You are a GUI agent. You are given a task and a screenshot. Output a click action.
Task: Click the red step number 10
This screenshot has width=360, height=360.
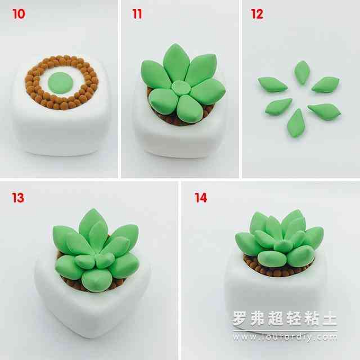(19, 14)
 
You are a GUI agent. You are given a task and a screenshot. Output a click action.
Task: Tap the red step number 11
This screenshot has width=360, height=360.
(137, 14)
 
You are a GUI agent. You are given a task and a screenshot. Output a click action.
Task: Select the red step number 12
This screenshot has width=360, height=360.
(257, 14)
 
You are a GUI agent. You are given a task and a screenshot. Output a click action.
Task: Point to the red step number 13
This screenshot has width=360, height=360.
(18, 197)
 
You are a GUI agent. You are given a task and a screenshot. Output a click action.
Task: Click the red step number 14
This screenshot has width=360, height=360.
(201, 197)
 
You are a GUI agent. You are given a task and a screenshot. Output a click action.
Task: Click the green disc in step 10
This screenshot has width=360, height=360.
(60, 83)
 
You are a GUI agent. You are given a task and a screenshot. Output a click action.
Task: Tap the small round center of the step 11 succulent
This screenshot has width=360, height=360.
(181, 88)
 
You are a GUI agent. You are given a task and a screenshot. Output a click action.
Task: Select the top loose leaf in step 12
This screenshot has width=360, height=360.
(302, 73)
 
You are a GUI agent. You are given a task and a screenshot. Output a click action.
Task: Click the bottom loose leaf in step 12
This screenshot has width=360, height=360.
(296, 123)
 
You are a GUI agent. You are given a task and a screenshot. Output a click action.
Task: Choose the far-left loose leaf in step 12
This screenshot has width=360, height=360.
(273, 84)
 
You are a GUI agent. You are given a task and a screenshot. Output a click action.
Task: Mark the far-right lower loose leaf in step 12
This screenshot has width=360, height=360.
(324, 111)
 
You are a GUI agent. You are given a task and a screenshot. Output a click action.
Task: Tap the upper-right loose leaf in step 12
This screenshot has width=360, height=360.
(326, 84)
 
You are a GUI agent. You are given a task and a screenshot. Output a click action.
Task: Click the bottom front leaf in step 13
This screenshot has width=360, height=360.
(97, 280)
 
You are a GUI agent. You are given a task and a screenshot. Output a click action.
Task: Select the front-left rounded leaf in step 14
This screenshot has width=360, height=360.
(272, 259)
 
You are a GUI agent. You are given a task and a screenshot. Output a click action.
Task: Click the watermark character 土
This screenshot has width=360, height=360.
(330, 318)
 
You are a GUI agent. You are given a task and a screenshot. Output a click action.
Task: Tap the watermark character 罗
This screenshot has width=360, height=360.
(240, 318)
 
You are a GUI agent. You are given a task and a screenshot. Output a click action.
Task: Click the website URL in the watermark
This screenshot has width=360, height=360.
(285, 337)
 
